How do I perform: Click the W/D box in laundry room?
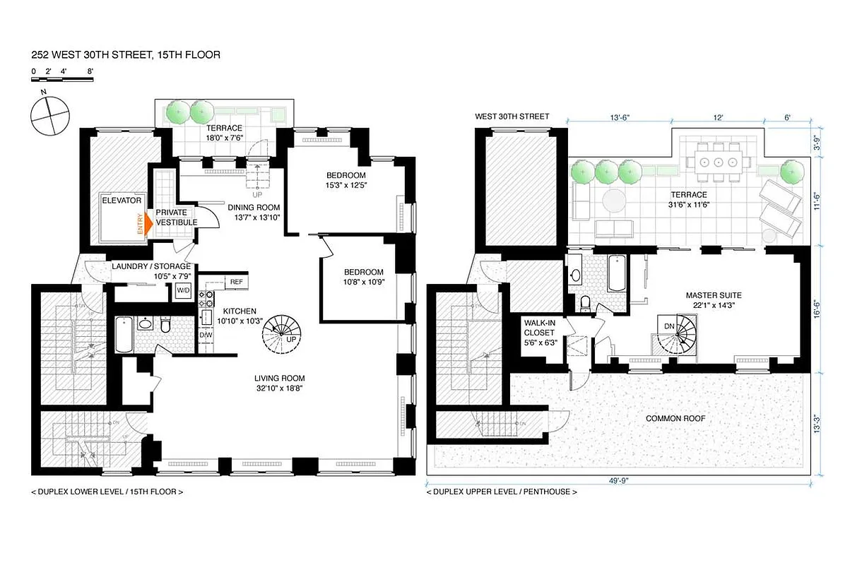tap(183, 290)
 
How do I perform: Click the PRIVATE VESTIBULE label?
tap(176, 217)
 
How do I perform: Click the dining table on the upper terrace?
tap(718, 161)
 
